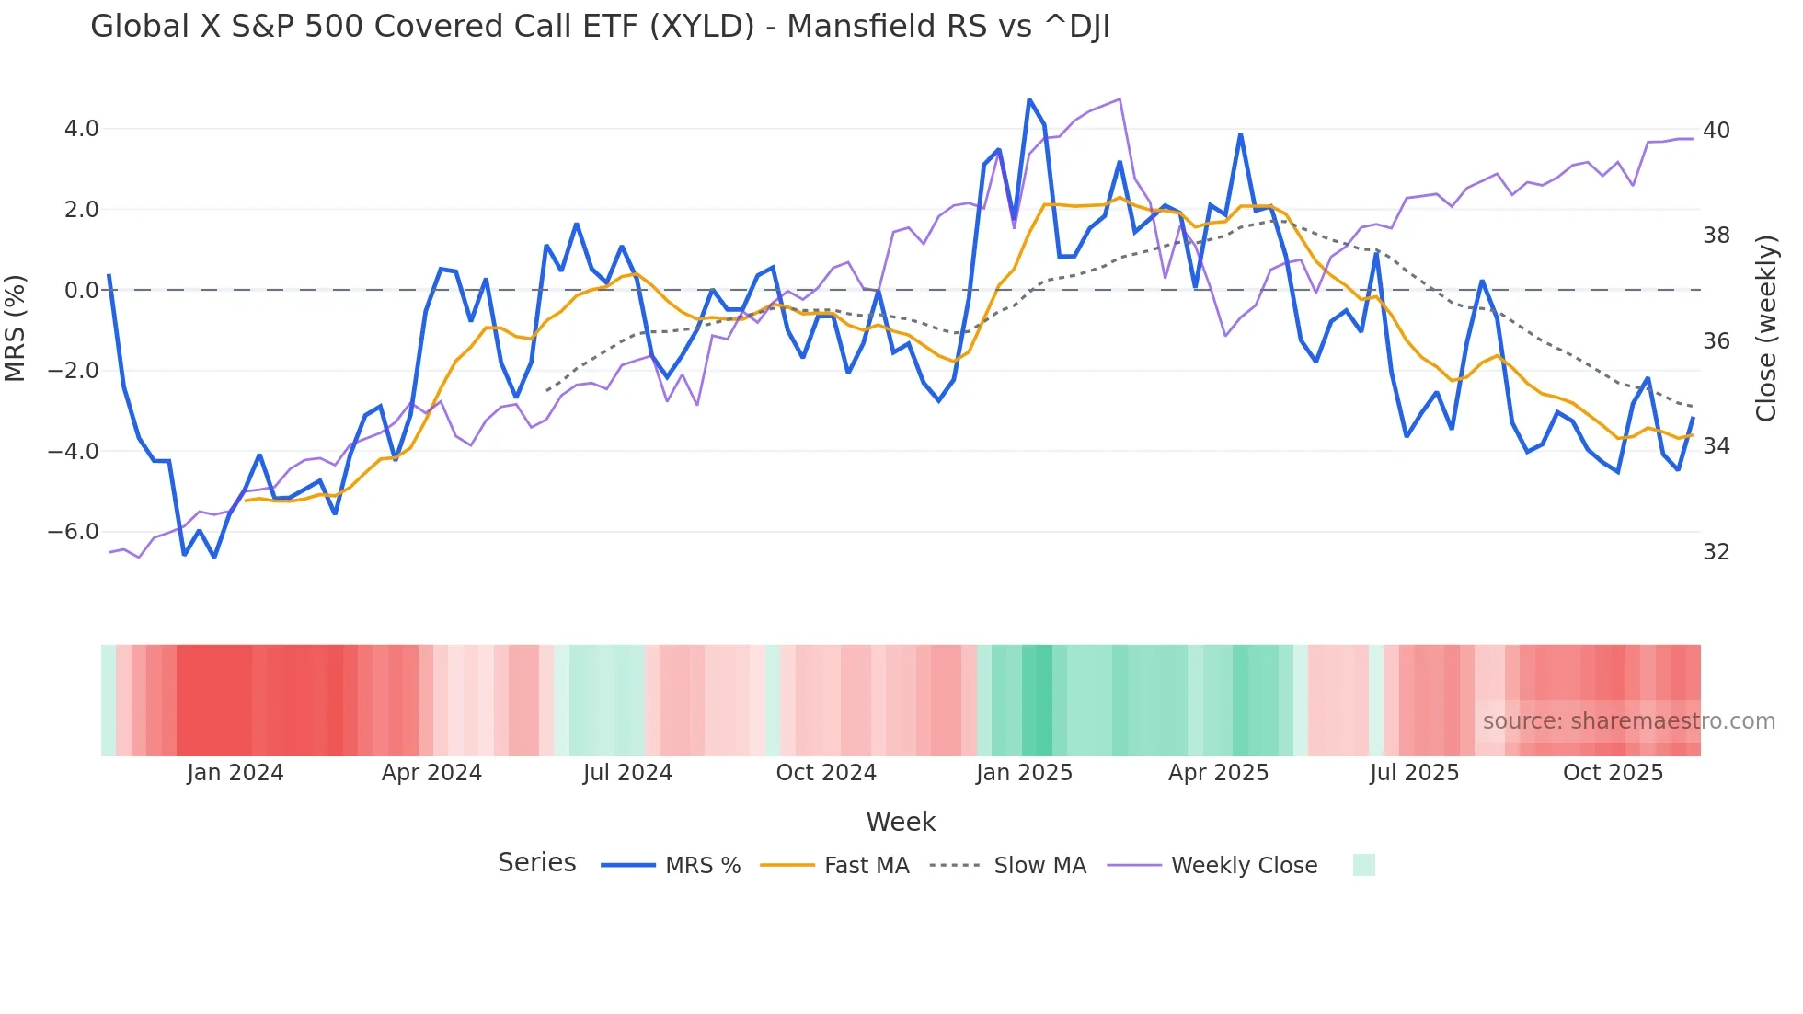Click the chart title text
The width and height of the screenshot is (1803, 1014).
pos(600,27)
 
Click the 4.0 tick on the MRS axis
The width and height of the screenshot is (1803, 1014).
pos(81,129)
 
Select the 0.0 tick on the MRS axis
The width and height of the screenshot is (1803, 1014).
pos(81,291)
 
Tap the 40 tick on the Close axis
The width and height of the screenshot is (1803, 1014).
pos(1717,131)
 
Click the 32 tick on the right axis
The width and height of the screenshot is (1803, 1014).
pos(1717,552)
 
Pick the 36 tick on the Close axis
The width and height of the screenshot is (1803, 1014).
pos(1717,341)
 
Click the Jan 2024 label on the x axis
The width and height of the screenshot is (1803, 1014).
pos(235,773)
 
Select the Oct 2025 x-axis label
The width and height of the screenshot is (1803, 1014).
pos(1613,773)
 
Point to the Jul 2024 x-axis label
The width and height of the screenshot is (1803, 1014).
pos(627,773)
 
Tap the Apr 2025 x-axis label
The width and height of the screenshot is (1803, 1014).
pos(1218,773)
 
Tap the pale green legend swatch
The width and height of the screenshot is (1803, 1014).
pos(1363,865)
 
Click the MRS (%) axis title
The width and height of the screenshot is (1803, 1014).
pos(16,328)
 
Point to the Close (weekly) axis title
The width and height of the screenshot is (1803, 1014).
pos(1766,328)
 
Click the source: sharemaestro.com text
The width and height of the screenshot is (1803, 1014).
pos(1628,721)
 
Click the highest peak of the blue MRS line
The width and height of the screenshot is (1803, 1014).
pos(1029,99)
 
